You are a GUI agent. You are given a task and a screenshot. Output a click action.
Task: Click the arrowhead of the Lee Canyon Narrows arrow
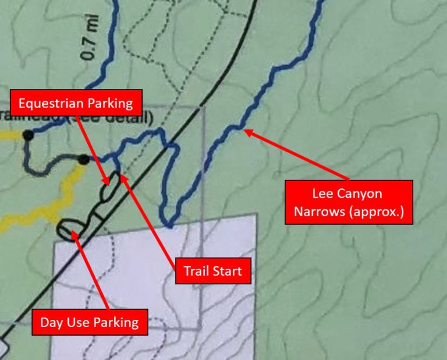[x=246, y=131]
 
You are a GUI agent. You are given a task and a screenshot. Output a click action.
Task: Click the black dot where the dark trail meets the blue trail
[x=84, y=159]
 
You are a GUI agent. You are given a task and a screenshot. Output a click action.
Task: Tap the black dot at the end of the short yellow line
[x=27, y=135]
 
